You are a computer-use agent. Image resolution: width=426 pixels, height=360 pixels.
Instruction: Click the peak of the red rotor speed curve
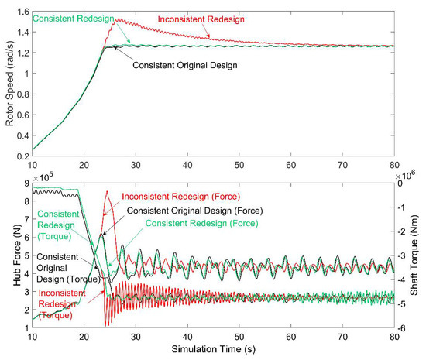coord(116,20)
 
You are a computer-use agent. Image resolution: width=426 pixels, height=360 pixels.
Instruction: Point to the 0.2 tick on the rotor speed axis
coord(17,156)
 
